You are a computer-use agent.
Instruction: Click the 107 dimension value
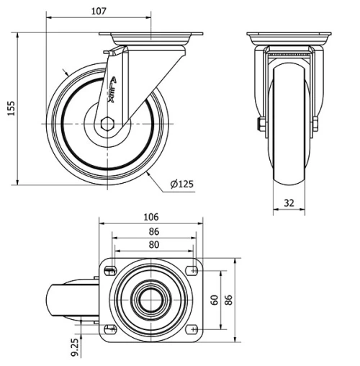coord(99,11)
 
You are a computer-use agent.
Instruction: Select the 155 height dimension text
coord(10,107)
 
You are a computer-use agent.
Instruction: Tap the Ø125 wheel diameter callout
coord(182,184)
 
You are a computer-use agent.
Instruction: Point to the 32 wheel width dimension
coord(288,203)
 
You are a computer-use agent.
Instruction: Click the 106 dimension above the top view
coord(150,217)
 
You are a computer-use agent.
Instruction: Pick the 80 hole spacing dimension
coord(153,245)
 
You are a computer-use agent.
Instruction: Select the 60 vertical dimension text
coord(213,299)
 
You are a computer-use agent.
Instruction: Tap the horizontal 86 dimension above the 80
coord(153,232)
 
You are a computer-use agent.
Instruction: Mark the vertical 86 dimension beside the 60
coord(230,299)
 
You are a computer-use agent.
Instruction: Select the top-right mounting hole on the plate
coord(192,271)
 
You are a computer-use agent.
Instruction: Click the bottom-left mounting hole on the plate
coord(110,329)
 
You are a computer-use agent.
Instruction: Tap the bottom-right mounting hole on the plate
coord(192,329)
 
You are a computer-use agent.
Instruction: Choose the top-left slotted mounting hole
coord(110,271)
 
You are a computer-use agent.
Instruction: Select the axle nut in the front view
coord(260,128)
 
